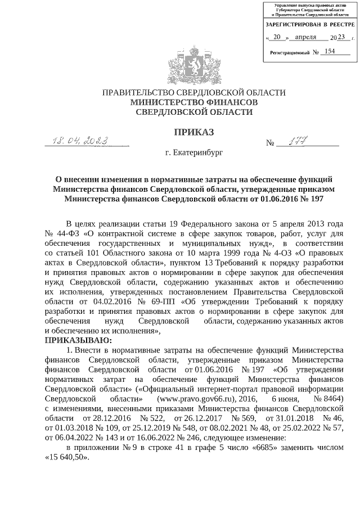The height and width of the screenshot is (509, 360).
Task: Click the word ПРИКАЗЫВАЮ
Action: click(x=78, y=340)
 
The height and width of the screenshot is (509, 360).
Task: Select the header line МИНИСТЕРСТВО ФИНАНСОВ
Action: click(x=193, y=102)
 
